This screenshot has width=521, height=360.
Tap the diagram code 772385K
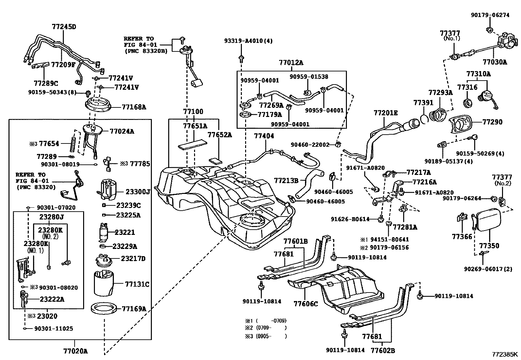click(505, 354)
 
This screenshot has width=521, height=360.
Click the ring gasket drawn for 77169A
click(104, 309)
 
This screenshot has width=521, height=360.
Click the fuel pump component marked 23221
click(105, 232)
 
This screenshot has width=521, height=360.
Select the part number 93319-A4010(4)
click(248, 41)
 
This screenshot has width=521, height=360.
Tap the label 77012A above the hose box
click(291, 63)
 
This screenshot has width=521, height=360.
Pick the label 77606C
click(306, 304)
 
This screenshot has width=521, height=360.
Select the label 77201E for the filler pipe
click(386, 113)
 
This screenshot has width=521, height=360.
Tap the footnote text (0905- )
click(271, 336)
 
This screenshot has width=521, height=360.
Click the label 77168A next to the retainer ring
click(134, 107)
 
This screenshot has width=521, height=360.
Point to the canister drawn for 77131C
click(104, 282)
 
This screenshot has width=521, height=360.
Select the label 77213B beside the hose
click(286, 180)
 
